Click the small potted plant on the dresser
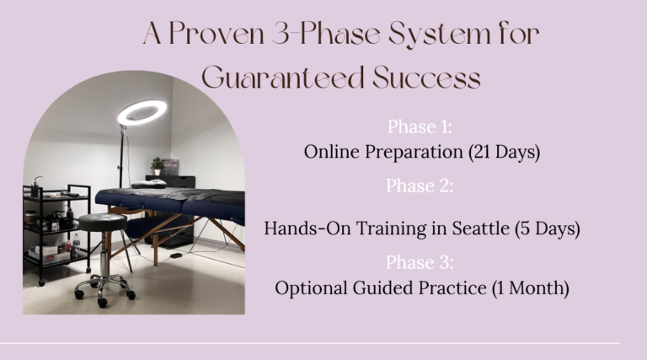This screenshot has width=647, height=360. click(x=158, y=165)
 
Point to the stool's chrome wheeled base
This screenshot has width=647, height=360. click(x=104, y=287)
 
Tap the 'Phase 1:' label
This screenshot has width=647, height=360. click(x=420, y=126)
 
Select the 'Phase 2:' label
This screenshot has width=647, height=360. click(x=420, y=186)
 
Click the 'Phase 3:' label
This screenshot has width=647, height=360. click(x=420, y=261)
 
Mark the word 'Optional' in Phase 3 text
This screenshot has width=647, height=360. click(x=311, y=287)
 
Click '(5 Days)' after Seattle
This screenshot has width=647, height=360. click(x=547, y=228)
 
